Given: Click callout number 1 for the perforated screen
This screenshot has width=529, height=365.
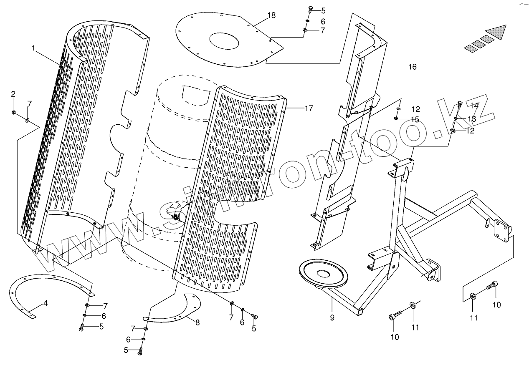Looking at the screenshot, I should pyautogui.click(x=33, y=48).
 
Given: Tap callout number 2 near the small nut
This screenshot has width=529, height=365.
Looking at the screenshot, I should pyautogui.click(x=13, y=93).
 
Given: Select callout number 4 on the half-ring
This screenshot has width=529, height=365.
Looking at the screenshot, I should pyautogui.click(x=46, y=303).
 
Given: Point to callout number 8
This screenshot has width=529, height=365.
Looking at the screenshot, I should pyautogui.click(x=197, y=322).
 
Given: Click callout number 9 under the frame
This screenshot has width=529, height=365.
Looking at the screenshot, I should pyautogui.click(x=332, y=317).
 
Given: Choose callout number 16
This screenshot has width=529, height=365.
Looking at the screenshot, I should pyautogui.click(x=412, y=67).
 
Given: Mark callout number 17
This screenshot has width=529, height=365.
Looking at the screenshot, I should pyautogui.click(x=309, y=108).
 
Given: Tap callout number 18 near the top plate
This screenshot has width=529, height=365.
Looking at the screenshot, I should pyautogui.click(x=271, y=15).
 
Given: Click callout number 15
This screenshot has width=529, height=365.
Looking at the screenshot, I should pyautogui.click(x=415, y=119).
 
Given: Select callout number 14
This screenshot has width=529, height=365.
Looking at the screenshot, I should pyautogui.click(x=474, y=105).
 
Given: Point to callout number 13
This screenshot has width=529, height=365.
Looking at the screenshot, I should pyautogui.click(x=471, y=119).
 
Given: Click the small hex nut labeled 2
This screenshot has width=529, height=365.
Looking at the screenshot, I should pyautogui.click(x=14, y=112).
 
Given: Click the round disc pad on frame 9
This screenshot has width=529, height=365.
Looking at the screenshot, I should pyautogui.click(x=323, y=274).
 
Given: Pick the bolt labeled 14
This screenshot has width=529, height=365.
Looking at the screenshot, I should pyautogui.click(x=461, y=104).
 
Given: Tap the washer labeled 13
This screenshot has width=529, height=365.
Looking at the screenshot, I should pyautogui.click(x=456, y=118).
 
